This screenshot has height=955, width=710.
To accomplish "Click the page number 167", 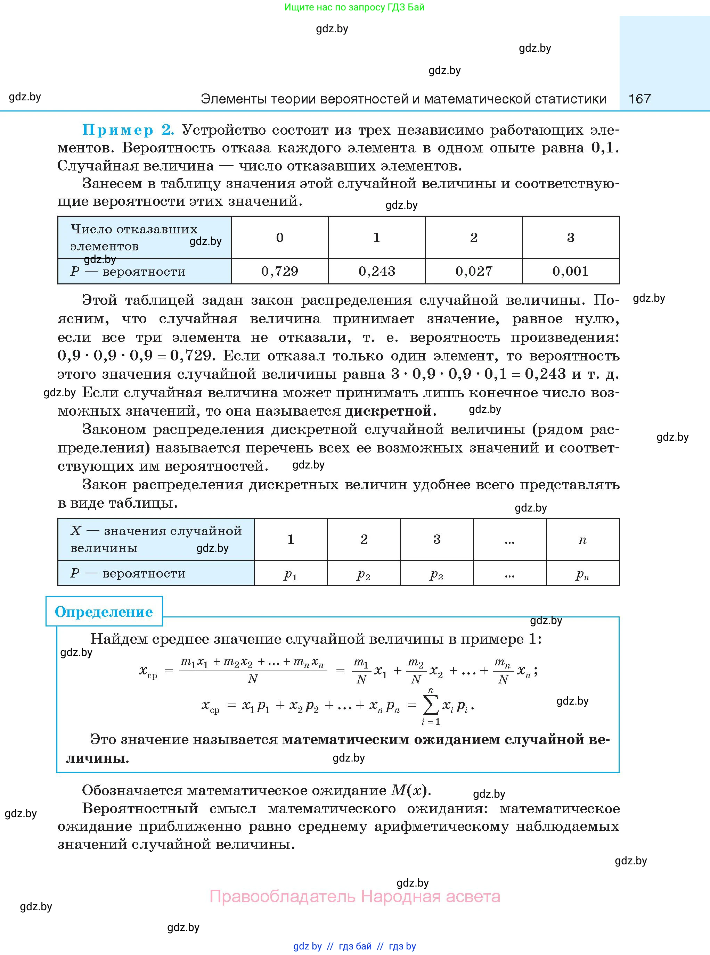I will (639, 99).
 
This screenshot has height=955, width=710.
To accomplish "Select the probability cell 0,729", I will (280, 271).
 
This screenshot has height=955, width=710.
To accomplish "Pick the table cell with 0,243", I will (377, 271).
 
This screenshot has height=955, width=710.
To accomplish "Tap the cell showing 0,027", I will (474, 271).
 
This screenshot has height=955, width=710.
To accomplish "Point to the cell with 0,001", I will (570, 271).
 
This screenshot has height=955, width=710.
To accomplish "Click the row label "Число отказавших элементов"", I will (134, 238).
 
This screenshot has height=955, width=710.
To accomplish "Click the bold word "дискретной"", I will (388, 411).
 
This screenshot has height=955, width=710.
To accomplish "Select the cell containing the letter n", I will (582, 539).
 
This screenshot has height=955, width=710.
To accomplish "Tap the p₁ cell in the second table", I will (291, 574).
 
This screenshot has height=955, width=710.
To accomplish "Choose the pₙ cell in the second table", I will (582, 574).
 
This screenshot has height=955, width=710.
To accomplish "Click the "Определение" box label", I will (104, 612).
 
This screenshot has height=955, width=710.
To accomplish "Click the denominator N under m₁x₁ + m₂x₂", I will (253, 679).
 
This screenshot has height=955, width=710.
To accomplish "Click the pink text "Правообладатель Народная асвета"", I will (355, 896).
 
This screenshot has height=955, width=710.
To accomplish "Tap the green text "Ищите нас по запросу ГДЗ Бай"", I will (354, 7).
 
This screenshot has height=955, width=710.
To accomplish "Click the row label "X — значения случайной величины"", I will (156, 539).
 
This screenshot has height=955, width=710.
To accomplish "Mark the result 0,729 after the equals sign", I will (191, 356).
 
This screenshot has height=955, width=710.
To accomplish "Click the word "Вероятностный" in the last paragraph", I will (140, 808).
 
